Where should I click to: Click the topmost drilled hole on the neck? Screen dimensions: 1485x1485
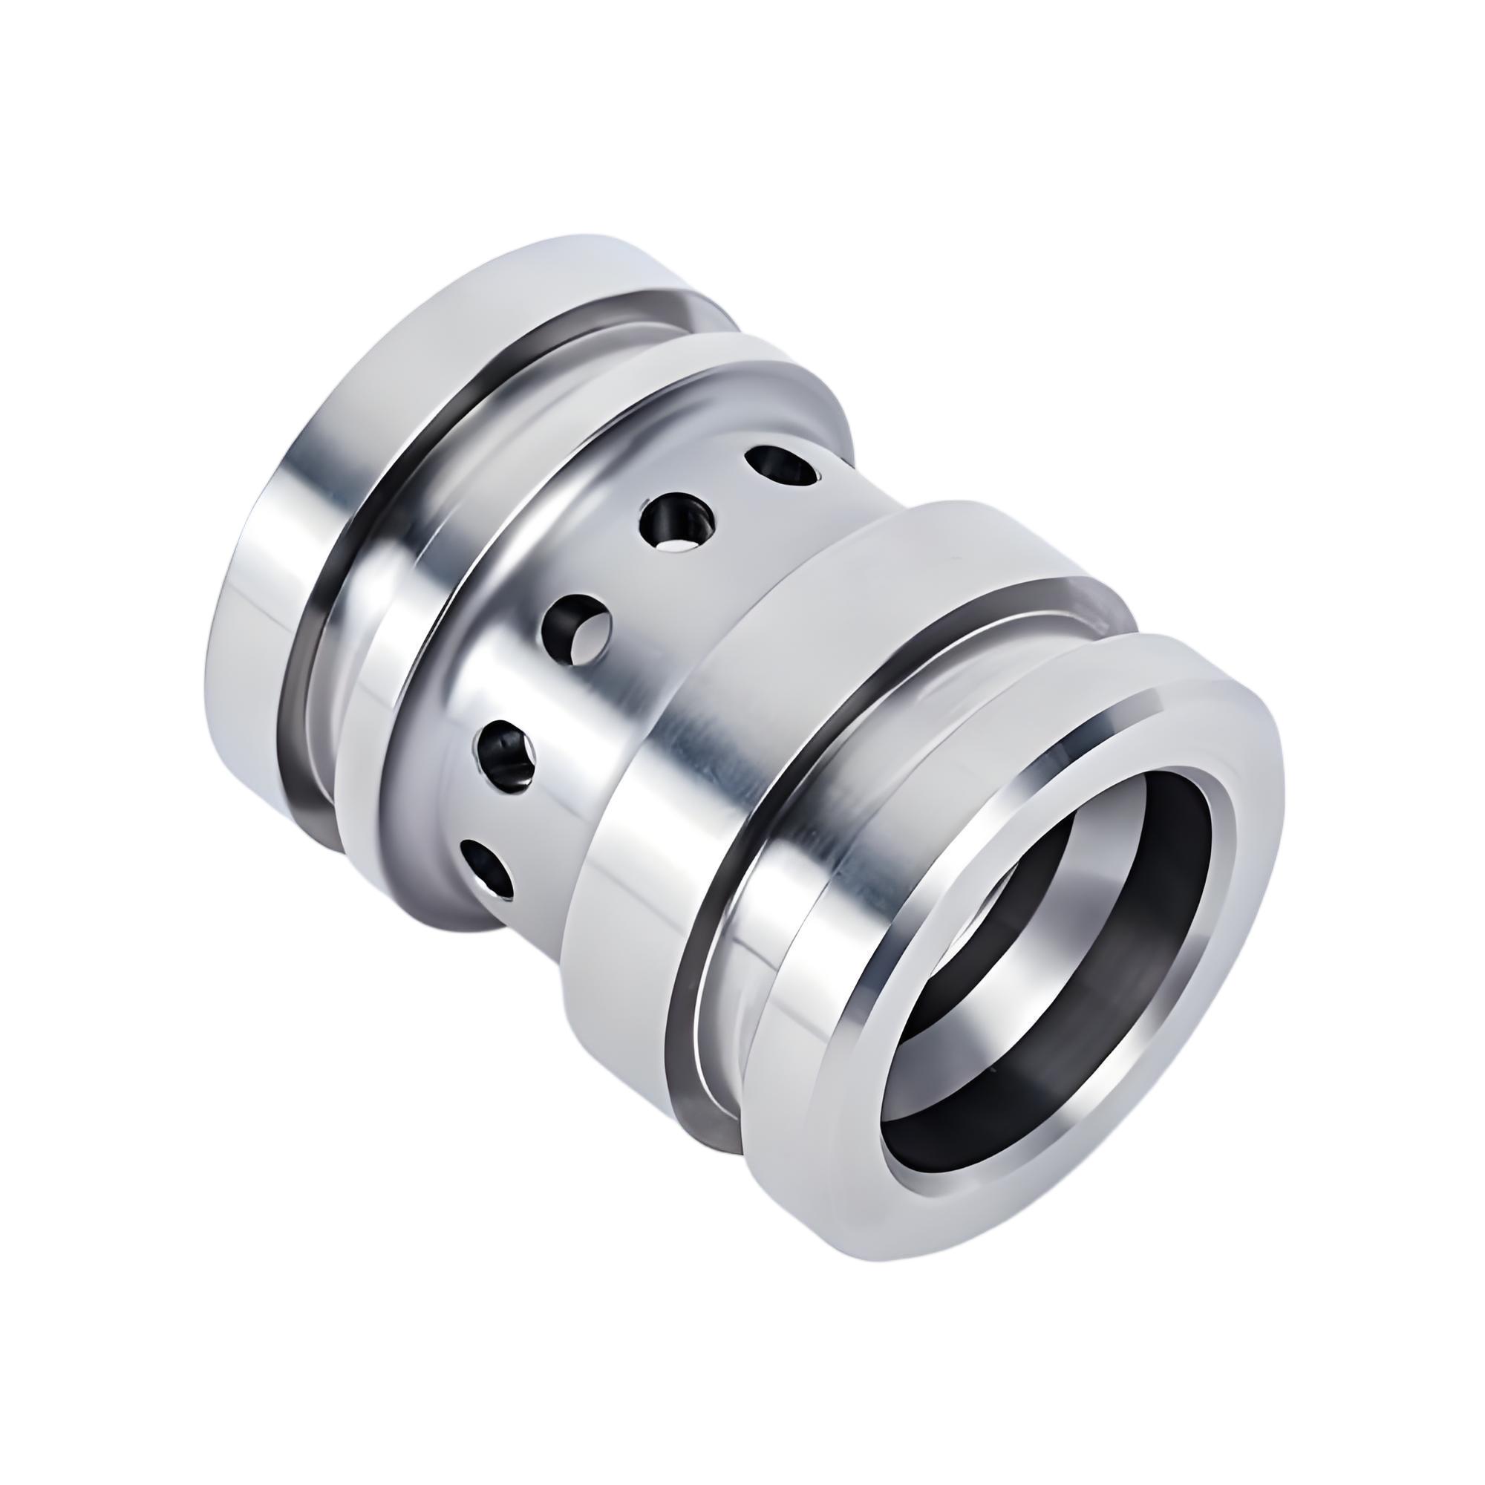pyautogui.click(x=780, y=467)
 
